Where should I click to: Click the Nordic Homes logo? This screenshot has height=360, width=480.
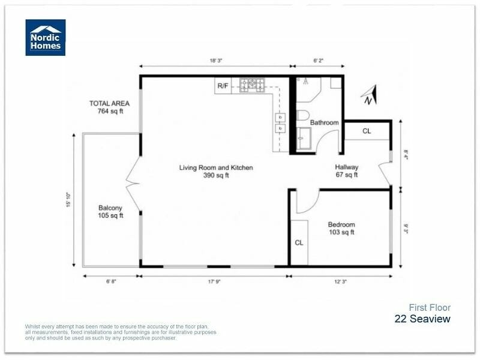[x=45, y=37]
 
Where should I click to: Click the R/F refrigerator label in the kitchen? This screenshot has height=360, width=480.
[x=223, y=86]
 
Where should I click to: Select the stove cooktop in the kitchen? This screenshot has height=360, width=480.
[x=253, y=85]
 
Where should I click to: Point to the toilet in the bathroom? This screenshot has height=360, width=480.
[x=303, y=115]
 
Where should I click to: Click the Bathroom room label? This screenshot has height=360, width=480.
[x=324, y=123]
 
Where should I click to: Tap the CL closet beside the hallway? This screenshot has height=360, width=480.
[x=367, y=131]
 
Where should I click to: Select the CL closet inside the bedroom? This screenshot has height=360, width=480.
[x=299, y=243]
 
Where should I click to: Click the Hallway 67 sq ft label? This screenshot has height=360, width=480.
[x=346, y=172]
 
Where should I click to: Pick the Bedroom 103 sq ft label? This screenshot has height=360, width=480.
[x=341, y=229]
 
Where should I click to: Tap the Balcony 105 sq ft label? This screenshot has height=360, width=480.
[x=110, y=212]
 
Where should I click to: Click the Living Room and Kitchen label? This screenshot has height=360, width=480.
[x=216, y=172]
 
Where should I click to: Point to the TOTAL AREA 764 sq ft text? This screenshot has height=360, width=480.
[x=109, y=107]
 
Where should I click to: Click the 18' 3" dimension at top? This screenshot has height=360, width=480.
[x=216, y=61]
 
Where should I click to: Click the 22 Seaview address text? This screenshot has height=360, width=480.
[x=422, y=319]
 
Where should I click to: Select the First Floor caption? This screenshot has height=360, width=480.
[x=430, y=308]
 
